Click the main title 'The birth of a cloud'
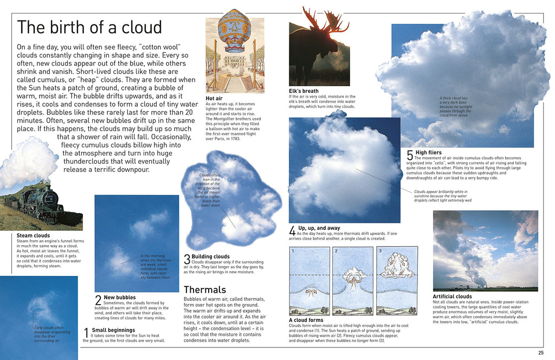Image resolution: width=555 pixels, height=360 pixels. (89, 28)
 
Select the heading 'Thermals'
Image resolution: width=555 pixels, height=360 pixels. (204, 290)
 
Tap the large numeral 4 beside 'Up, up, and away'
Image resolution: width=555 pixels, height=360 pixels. (293, 230)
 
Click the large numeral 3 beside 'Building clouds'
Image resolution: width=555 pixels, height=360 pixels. (187, 259)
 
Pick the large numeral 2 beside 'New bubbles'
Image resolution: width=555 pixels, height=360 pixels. (98, 299)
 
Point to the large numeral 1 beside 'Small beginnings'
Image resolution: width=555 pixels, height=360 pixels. (86, 332)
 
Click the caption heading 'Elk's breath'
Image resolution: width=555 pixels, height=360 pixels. (304, 91)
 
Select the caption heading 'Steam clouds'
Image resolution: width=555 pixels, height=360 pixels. (33, 236)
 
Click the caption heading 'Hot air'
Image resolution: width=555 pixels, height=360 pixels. (214, 98)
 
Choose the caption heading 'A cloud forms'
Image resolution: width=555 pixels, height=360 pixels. (307, 320)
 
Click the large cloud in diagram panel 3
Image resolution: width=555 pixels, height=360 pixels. (397, 266)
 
